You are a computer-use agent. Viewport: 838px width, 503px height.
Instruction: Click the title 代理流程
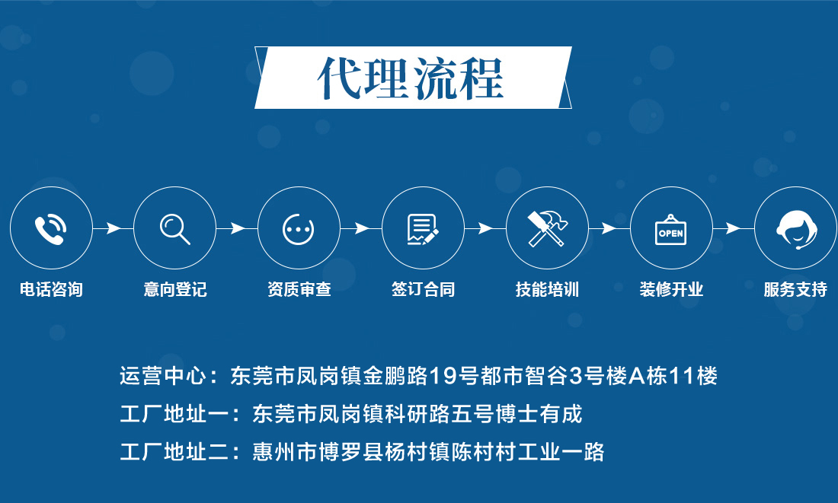point(411,78)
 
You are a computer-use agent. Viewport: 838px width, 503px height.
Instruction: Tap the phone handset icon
point(50,230)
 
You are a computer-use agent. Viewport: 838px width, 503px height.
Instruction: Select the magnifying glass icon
point(174,229)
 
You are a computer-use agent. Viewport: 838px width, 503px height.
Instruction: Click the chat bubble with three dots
point(298,230)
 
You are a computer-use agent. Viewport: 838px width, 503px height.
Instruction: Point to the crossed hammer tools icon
point(547,228)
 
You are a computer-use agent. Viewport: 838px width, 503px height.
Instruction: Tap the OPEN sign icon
point(670,230)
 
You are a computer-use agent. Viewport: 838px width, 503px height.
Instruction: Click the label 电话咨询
point(51,289)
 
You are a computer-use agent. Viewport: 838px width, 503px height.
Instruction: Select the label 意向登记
point(175,289)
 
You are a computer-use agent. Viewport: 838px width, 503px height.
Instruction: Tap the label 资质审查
point(299,289)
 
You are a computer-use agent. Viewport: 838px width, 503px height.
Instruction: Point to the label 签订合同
point(424,289)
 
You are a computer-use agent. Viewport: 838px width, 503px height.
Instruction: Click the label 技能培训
point(547,289)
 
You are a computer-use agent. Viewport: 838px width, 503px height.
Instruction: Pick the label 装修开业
point(671,289)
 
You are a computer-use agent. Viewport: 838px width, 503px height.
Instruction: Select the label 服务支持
point(795,289)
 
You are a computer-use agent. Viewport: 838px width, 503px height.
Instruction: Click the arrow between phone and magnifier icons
point(113,228)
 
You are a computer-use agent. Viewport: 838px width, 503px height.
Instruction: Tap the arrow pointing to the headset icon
point(733,228)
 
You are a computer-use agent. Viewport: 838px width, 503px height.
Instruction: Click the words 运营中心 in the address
point(162,376)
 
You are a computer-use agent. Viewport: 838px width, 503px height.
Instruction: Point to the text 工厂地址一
point(174,415)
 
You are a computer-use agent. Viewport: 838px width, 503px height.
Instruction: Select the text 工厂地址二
point(174,452)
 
